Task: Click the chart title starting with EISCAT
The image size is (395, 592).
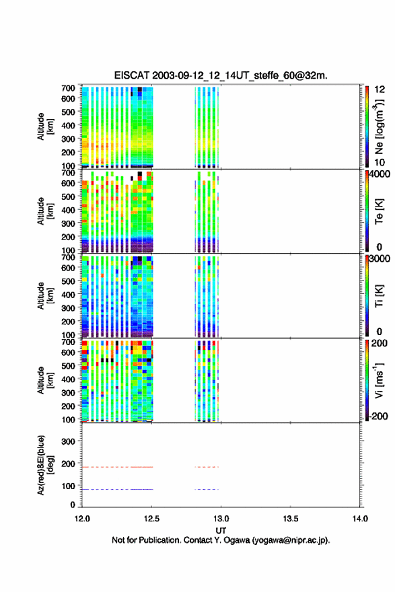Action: [x=221, y=75]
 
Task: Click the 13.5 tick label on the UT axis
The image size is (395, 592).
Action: [x=291, y=519]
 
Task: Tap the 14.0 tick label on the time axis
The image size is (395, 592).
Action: [x=360, y=519]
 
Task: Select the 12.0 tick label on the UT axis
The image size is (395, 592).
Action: [x=82, y=519]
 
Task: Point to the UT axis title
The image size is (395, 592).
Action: [x=221, y=531]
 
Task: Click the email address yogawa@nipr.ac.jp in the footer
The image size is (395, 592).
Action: [x=291, y=540]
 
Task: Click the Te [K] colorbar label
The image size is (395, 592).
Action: [x=379, y=211]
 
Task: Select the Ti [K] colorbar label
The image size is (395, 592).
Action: [x=379, y=295]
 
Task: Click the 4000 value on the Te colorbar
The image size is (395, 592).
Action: [x=380, y=174]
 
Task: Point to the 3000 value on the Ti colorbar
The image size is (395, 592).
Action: [x=380, y=258]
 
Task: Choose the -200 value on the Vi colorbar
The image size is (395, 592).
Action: [x=378, y=416]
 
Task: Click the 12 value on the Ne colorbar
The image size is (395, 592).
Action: [x=380, y=89]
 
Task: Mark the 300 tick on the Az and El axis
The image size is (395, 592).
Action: [x=68, y=441]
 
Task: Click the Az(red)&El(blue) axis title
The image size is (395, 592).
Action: [x=45, y=465]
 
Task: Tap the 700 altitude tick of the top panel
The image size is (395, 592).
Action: [x=68, y=88]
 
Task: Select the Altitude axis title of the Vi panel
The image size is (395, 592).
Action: [x=45, y=380]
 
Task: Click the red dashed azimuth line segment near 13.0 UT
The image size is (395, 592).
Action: [x=207, y=467]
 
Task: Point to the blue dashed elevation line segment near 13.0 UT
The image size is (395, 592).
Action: [x=207, y=489]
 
